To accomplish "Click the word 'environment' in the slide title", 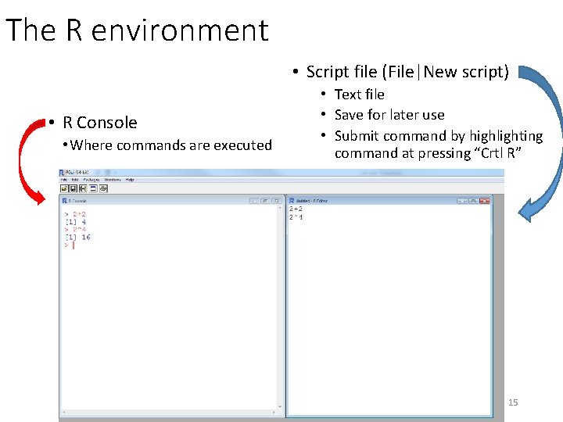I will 180,30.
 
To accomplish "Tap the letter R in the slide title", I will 74,30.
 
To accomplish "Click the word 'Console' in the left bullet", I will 107,123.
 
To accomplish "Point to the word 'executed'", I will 242,145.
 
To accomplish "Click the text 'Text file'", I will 359,95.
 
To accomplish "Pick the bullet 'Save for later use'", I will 389,115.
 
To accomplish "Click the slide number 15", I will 513,402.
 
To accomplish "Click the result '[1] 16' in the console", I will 77,237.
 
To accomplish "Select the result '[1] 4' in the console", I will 75,222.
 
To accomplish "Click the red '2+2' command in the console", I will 78,214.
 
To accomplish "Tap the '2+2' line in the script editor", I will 296,209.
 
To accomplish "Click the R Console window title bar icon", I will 66,201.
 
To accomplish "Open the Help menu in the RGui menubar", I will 130,180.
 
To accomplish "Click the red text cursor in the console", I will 73,245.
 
